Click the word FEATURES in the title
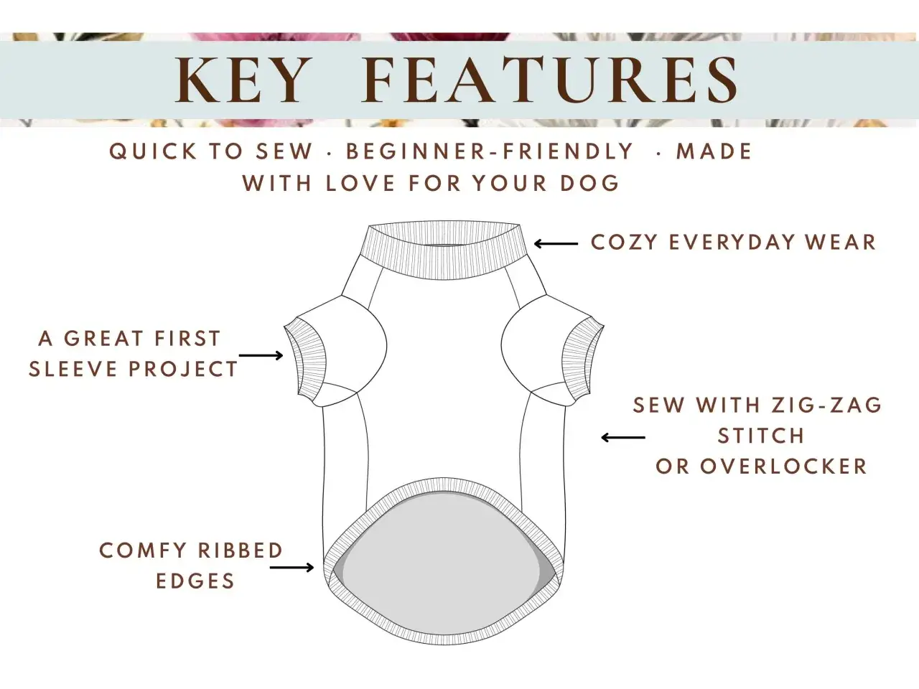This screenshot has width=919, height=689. (550, 80)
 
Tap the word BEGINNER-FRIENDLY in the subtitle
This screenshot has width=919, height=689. (490, 151)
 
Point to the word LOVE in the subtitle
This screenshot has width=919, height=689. (360, 183)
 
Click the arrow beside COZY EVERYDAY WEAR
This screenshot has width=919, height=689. (556, 243)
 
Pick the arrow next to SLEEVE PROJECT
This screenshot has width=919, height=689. (261, 355)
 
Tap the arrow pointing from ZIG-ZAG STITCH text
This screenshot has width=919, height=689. (623, 438)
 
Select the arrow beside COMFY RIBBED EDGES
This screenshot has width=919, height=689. (291, 568)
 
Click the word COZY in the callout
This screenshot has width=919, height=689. (624, 242)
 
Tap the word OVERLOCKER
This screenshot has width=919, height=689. (783, 467)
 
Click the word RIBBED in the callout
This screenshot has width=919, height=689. (241, 550)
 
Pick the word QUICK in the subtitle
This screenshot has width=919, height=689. (153, 151)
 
